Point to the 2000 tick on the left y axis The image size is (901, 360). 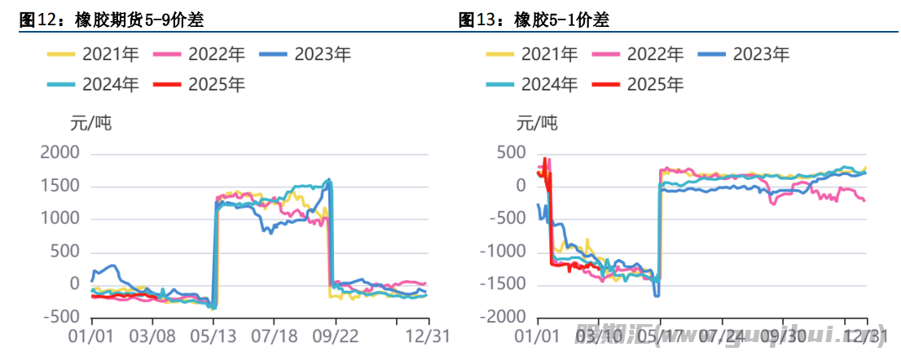click(59, 153)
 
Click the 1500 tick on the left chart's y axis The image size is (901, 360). click(59, 186)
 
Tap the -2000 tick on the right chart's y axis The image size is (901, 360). click(504, 317)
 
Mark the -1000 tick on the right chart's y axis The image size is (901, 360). click(504, 251)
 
